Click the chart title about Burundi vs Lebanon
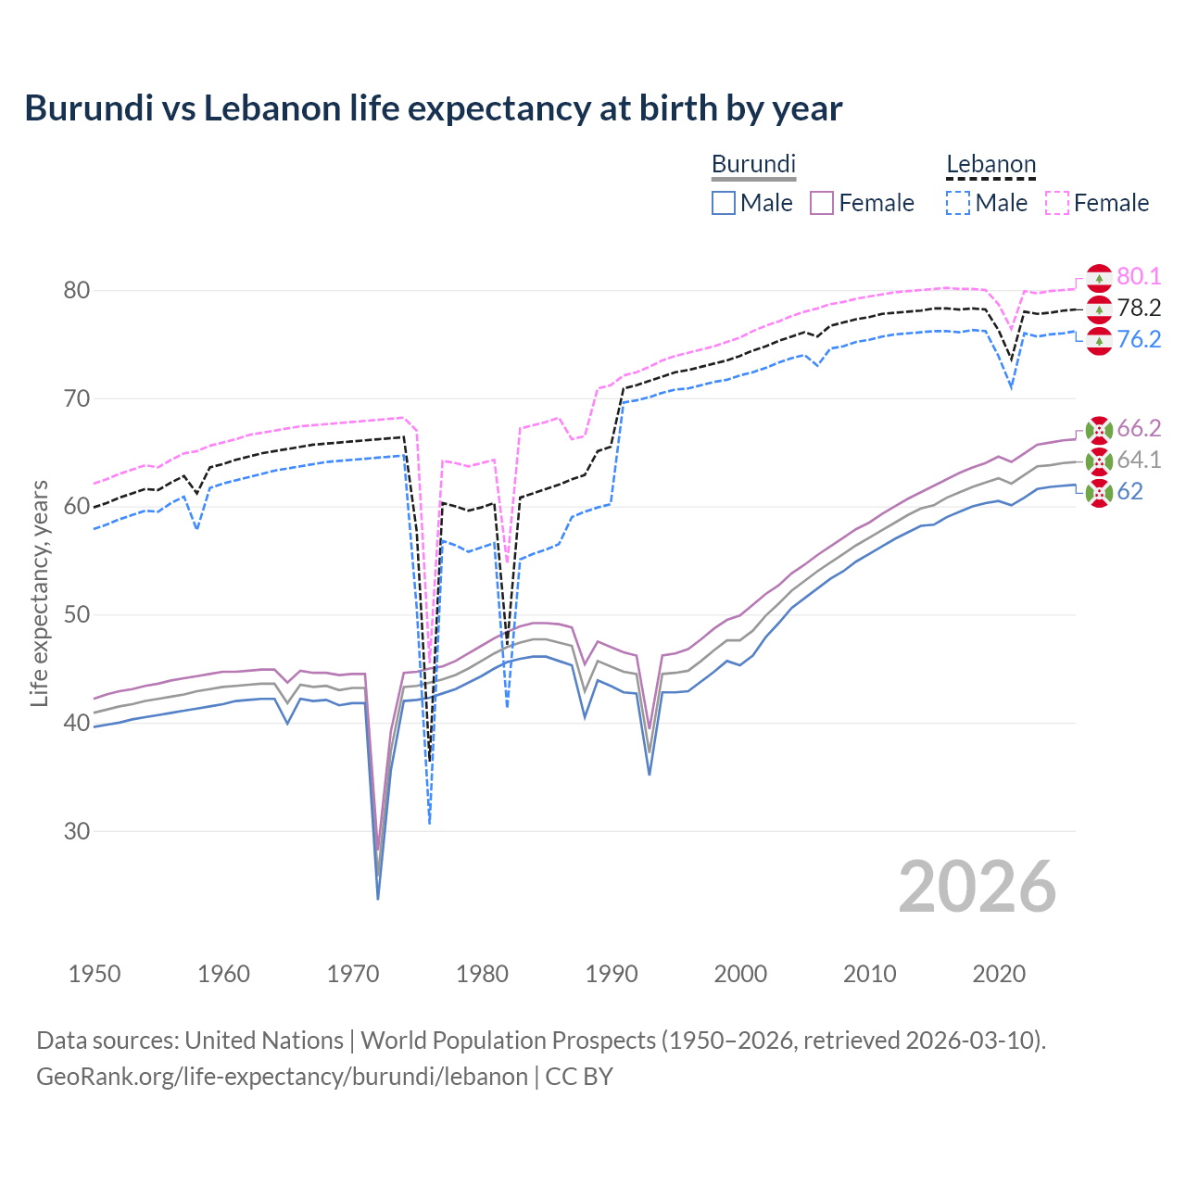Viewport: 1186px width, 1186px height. click(433, 108)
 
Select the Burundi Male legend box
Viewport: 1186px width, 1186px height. click(724, 203)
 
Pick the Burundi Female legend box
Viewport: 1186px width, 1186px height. click(823, 203)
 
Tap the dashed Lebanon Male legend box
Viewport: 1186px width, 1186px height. click(958, 203)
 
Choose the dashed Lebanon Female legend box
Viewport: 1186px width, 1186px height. click(1057, 203)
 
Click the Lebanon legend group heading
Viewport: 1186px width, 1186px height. click(990, 165)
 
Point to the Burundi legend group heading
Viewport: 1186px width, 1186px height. click(753, 164)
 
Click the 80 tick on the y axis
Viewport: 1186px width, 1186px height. click(77, 291)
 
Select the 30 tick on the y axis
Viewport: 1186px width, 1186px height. click(77, 831)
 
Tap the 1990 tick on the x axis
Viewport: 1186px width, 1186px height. click(612, 974)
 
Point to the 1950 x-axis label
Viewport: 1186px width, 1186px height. click(95, 974)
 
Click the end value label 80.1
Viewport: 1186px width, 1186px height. click(1139, 276)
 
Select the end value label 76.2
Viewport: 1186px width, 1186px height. click(1139, 339)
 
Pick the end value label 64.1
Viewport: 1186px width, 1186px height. click(1139, 460)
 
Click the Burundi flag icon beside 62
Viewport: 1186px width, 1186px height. click(1099, 493)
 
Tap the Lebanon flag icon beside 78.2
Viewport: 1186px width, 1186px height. click(1099, 309)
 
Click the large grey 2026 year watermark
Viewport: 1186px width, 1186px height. click(977, 887)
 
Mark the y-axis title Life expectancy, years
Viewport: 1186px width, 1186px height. click(39, 593)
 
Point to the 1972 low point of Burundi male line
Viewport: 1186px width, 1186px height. click(378, 898)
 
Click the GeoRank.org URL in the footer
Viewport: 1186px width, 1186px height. click(282, 1077)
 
